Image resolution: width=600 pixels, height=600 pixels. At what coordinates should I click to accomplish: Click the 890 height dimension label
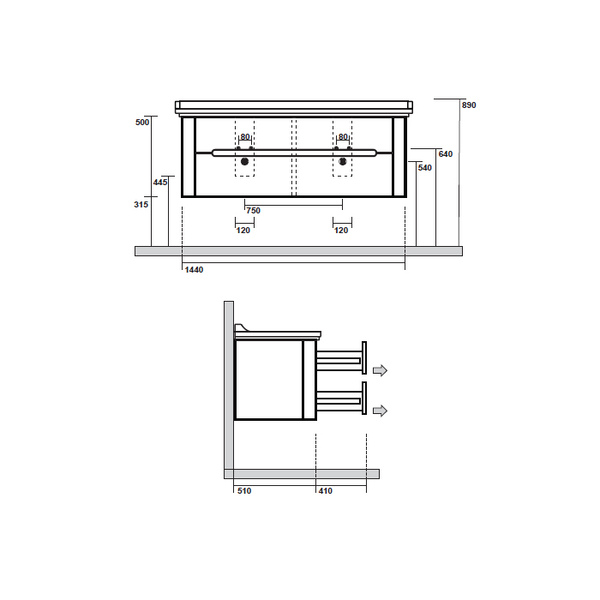click(x=469, y=105)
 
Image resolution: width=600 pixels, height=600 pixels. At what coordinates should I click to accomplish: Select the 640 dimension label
click(x=446, y=154)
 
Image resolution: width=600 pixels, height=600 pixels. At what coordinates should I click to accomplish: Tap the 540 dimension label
click(x=425, y=168)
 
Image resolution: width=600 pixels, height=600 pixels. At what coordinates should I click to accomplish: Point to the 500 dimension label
click(x=142, y=123)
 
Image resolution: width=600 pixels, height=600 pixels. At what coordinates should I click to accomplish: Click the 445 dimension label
click(x=160, y=183)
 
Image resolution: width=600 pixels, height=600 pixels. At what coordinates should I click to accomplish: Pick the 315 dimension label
click(x=141, y=205)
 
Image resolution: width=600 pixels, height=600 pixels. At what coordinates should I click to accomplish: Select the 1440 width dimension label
click(x=194, y=270)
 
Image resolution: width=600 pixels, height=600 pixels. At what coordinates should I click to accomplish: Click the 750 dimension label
click(x=254, y=211)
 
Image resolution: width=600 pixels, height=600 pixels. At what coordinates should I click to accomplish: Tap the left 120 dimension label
click(x=243, y=231)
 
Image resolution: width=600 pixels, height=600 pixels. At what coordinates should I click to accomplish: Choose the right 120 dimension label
click(x=341, y=231)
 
